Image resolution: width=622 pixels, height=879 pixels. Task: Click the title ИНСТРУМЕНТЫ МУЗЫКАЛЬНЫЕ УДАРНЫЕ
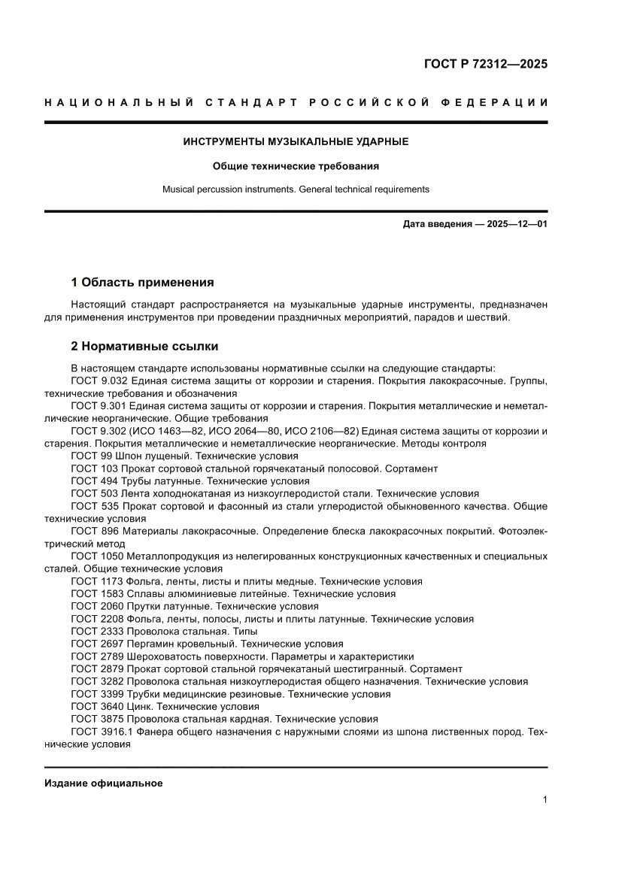coord(296,141)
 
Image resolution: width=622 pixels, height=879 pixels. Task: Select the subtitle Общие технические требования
coord(296,165)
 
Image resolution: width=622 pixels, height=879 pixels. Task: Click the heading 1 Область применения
coord(142,283)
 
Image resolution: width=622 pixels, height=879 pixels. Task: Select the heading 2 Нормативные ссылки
coord(144,347)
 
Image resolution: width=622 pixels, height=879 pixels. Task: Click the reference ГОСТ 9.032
coord(99,381)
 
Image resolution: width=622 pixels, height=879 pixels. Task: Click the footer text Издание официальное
coord(104,783)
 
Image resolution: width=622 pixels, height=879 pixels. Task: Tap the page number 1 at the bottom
coord(544,800)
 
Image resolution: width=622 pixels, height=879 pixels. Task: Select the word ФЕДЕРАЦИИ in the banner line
coord(499,102)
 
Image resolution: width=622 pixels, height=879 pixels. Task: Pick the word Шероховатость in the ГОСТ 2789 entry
coord(165,656)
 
